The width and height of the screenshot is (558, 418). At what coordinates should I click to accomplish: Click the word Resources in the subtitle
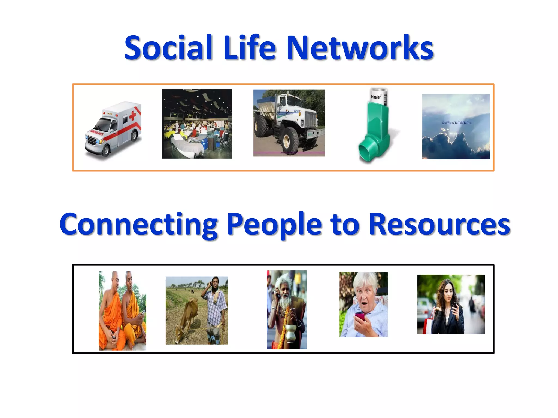439,225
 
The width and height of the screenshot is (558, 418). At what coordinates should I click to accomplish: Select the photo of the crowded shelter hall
197,124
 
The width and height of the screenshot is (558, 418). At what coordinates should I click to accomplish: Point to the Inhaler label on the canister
376,97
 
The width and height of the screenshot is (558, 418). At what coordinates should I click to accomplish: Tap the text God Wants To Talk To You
456,123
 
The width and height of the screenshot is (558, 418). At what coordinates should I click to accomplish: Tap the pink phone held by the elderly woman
360,317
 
